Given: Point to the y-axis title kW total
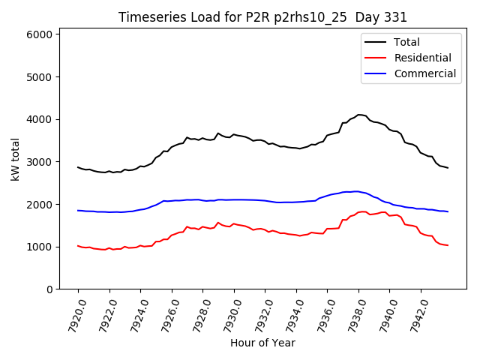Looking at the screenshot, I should coord(15,159).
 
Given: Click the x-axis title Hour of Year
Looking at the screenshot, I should coord(262,343).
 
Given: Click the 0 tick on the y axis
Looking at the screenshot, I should coord(49,289).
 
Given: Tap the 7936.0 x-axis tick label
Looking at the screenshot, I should coord(324,315).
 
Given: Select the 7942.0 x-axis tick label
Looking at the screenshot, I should coord(418,315).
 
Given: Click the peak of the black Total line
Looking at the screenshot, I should coord(359,115).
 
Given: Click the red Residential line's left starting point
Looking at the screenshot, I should coord(78,245).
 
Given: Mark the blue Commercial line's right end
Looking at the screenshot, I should coord(448,211).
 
